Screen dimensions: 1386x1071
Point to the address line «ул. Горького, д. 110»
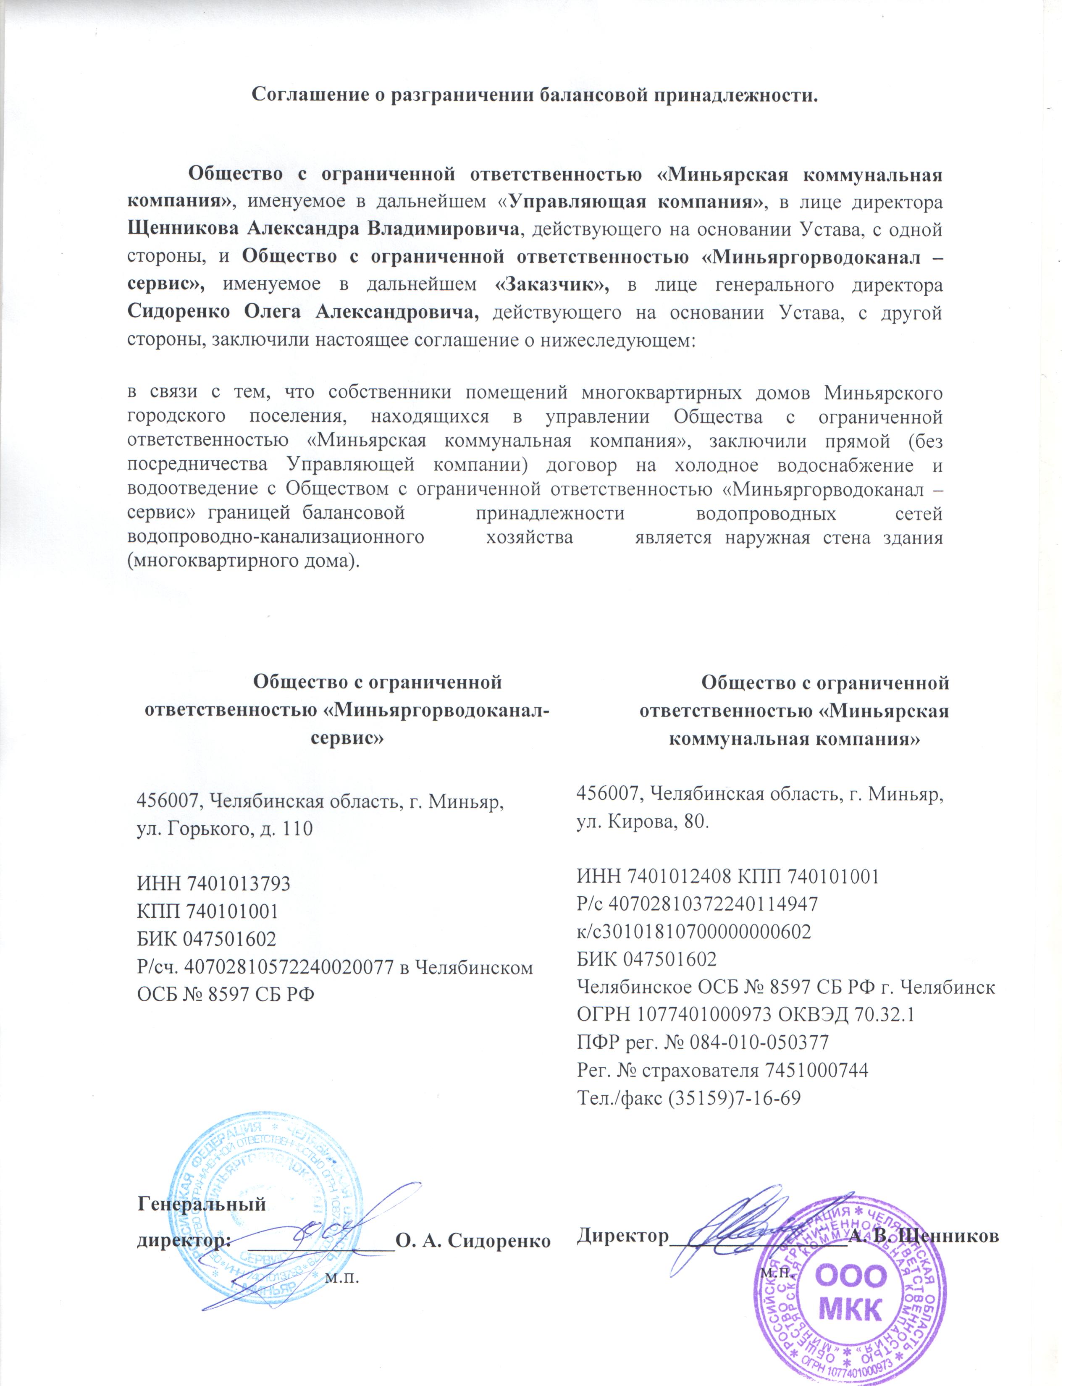point(225,828)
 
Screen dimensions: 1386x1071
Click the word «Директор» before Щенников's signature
point(623,1235)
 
